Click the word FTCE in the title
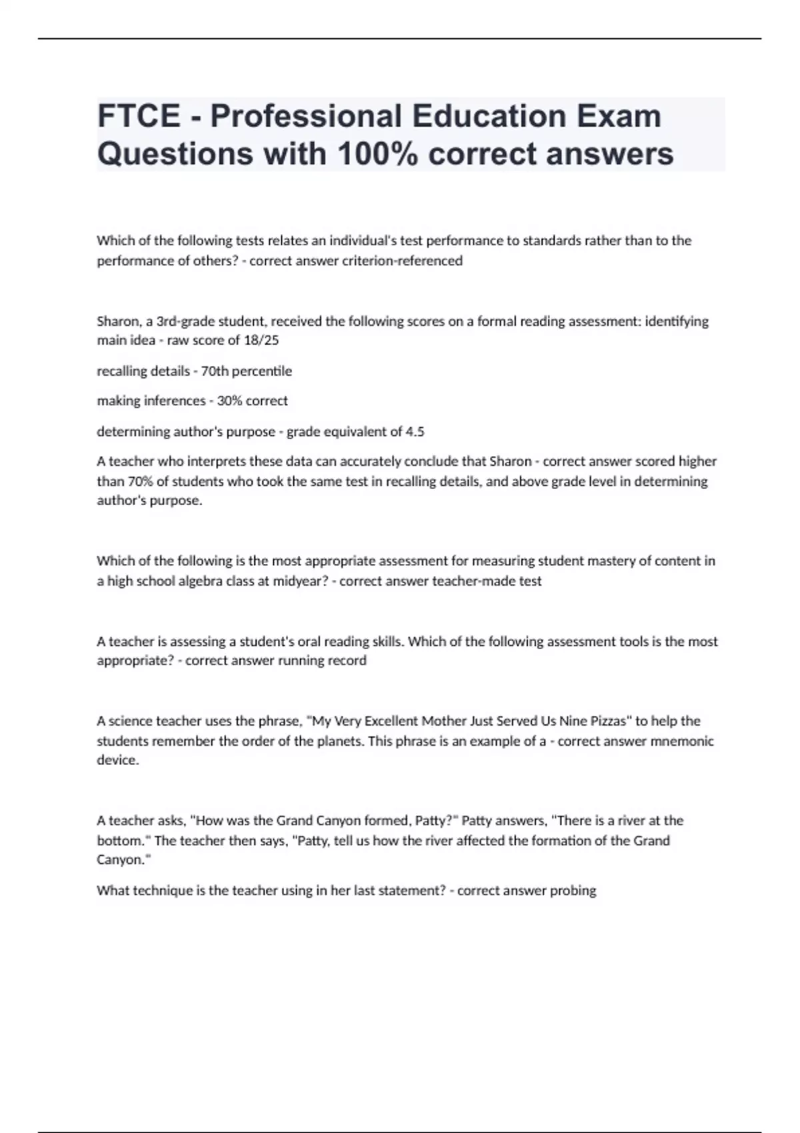coord(139,116)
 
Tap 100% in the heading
coord(377,154)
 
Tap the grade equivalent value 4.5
coord(415,432)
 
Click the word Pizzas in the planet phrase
coord(608,721)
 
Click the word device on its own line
coord(117,760)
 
